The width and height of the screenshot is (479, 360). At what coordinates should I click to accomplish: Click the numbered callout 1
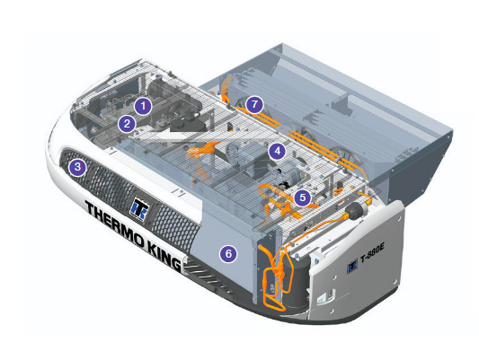[x=143, y=106]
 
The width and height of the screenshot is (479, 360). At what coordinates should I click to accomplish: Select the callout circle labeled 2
[x=127, y=124]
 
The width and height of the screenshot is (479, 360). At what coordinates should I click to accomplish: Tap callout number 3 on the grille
[x=77, y=167]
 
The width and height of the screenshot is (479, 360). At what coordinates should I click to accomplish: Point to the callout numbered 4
[x=277, y=151]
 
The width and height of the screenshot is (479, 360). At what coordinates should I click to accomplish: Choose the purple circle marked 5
[x=303, y=198]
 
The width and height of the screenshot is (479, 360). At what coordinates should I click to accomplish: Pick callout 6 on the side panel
[x=228, y=253]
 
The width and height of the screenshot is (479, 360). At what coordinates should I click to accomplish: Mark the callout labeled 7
[x=254, y=105]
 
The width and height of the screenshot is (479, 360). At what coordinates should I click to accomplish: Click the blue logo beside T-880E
[x=352, y=268]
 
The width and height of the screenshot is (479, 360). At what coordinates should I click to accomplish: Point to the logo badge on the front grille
[x=139, y=208]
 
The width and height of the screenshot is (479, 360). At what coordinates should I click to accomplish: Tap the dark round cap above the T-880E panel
[x=355, y=210]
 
